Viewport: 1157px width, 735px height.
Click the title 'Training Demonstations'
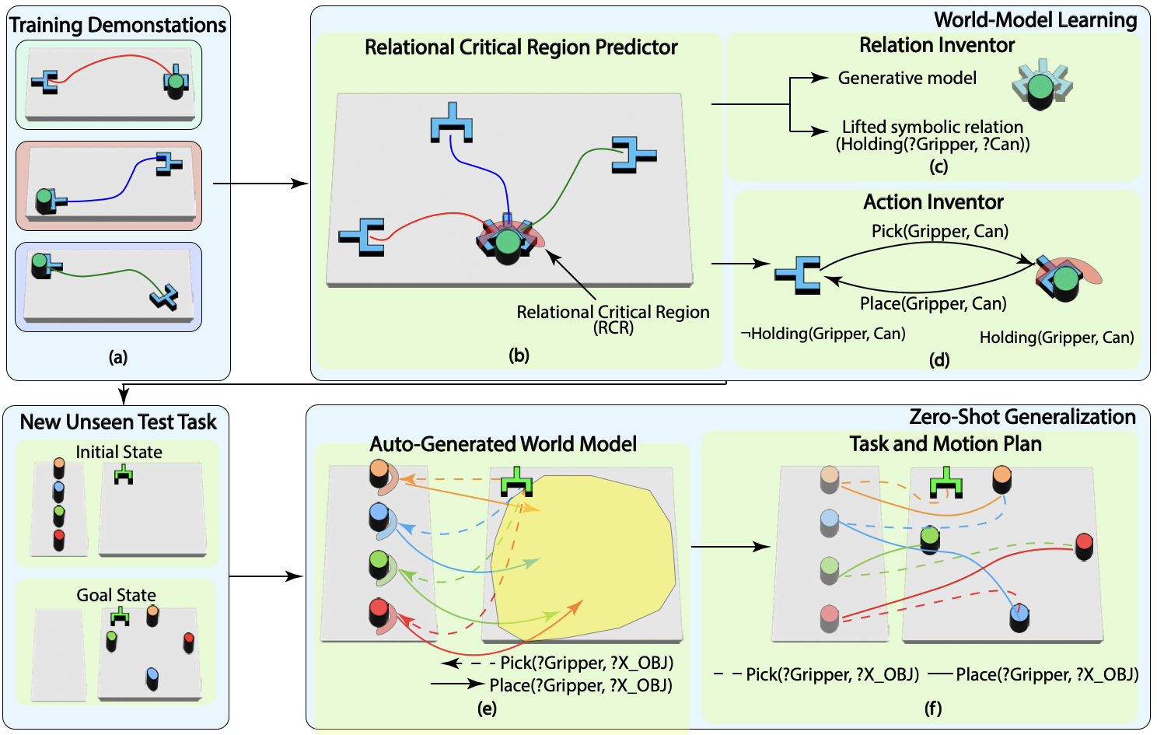[x=117, y=25]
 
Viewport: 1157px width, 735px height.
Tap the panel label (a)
[x=118, y=357]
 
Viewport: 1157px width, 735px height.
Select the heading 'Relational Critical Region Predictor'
[x=521, y=47]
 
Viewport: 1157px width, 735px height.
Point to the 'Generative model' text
[x=907, y=78]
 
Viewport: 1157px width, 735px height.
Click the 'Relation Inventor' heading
[x=936, y=45]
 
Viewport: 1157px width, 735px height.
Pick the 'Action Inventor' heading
[x=933, y=202]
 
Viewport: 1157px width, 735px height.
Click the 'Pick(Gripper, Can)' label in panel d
[x=939, y=231]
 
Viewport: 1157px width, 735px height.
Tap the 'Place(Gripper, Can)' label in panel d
[x=933, y=303]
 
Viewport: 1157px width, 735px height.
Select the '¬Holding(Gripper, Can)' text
[x=823, y=334]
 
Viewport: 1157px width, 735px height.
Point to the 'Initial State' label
[x=119, y=452]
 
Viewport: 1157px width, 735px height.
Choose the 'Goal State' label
[x=116, y=595]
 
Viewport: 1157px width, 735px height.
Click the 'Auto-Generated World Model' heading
[x=503, y=444]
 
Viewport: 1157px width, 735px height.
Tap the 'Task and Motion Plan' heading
[x=945, y=443]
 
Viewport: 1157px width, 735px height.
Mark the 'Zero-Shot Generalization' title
[x=1022, y=417]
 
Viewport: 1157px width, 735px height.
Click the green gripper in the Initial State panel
[x=124, y=474]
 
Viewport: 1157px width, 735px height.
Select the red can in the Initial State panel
[x=59, y=539]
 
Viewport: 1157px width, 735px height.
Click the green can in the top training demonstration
[x=176, y=82]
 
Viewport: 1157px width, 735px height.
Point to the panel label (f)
[x=932, y=708]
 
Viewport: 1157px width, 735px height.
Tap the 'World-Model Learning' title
[x=1035, y=20]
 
